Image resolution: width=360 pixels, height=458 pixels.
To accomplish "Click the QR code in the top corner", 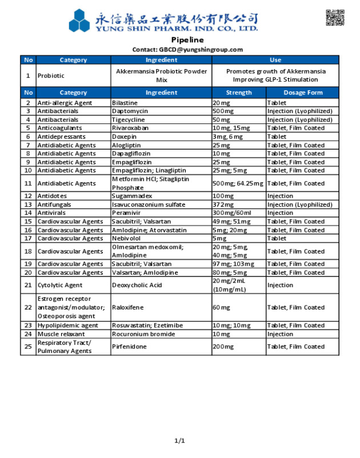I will coord(335,18).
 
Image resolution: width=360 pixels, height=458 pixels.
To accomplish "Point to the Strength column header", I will coord(239,93).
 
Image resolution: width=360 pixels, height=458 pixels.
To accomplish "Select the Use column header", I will coord(275,60).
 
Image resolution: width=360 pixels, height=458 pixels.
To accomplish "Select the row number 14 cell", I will coord(28,213).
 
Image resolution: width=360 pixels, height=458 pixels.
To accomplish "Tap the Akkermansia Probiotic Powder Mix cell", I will coord(161,75).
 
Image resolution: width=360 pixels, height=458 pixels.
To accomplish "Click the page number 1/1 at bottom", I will coord(180,440).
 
